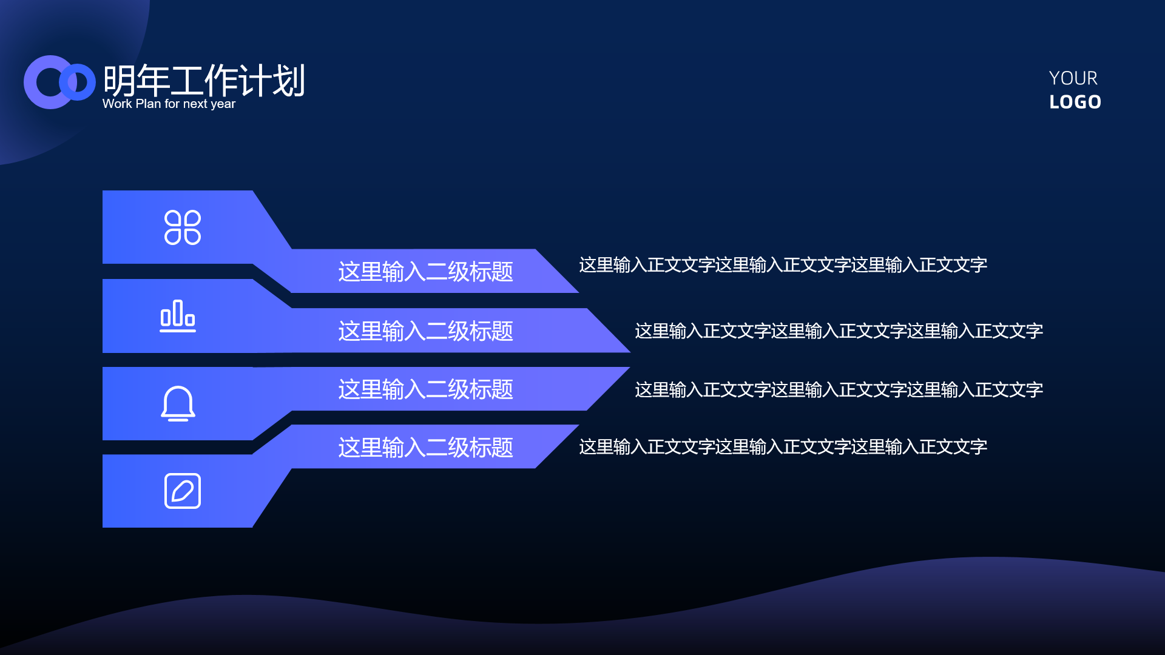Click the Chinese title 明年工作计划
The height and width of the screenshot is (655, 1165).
204,80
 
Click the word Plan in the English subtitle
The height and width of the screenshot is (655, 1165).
148,104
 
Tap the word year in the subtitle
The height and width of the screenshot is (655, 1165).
223,104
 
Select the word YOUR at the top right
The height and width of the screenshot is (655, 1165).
1073,78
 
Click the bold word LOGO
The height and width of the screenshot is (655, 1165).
1075,102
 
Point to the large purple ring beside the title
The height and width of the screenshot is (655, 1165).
30,82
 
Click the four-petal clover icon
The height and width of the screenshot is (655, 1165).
183,227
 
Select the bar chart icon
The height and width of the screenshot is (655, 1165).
178,316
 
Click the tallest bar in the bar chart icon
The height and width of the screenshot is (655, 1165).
177,313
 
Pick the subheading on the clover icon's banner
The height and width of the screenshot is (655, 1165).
425,272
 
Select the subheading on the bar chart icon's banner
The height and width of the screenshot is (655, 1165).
425,331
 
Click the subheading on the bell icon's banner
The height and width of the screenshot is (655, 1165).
425,389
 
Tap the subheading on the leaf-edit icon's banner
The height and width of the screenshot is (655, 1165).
425,448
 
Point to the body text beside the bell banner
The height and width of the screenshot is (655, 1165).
839,389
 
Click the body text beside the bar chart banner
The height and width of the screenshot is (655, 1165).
839,331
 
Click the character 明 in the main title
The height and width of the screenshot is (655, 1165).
120,81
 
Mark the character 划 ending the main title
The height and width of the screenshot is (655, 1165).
288,81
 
